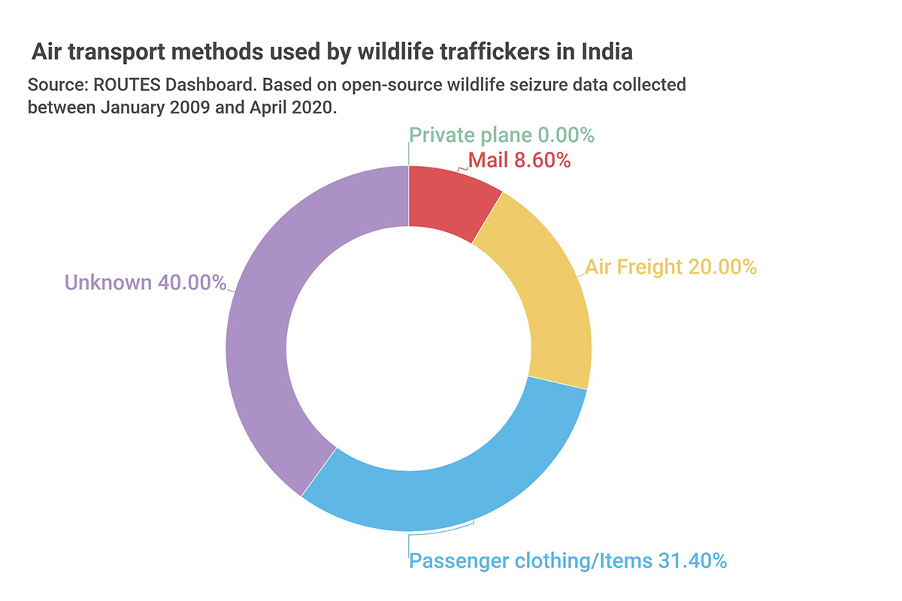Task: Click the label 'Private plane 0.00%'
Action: [501, 135]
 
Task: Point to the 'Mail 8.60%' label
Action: [519, 159]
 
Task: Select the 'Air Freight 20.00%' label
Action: [670, 267]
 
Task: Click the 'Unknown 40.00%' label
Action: [145, 282]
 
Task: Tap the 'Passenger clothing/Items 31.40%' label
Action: [568, 560]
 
